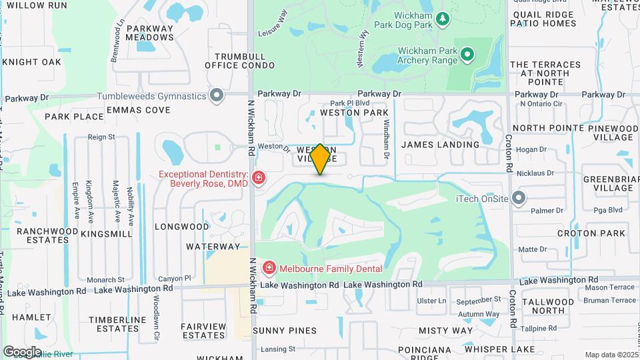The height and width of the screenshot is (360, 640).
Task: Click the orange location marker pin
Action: click(x=321, y=159)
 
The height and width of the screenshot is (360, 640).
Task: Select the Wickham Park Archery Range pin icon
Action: click(x=467, y=54)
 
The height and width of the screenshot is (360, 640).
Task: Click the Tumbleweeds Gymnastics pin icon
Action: click(x=217, y=96)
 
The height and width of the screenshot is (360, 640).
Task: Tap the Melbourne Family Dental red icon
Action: click(x=269, y=269)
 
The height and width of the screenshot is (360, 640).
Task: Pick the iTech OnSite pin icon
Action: click(x=519, y=198)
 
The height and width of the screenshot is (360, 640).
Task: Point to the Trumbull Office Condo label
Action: click(x=240, y=61)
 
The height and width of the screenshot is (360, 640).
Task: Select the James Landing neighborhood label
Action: click(x=441, y=144)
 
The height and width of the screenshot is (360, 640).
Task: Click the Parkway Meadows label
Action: click(x=150, y=33)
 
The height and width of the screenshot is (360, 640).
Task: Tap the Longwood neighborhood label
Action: click(x=182, y=226)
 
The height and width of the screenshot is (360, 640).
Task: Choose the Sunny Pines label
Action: click(x=285, y=330)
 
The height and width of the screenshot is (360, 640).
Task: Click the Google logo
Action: click(x=22, y=351)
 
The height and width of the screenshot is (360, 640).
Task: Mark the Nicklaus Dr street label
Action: click(x=536, y=173)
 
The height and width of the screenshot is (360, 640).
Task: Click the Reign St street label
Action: click(x=102, y=137)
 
